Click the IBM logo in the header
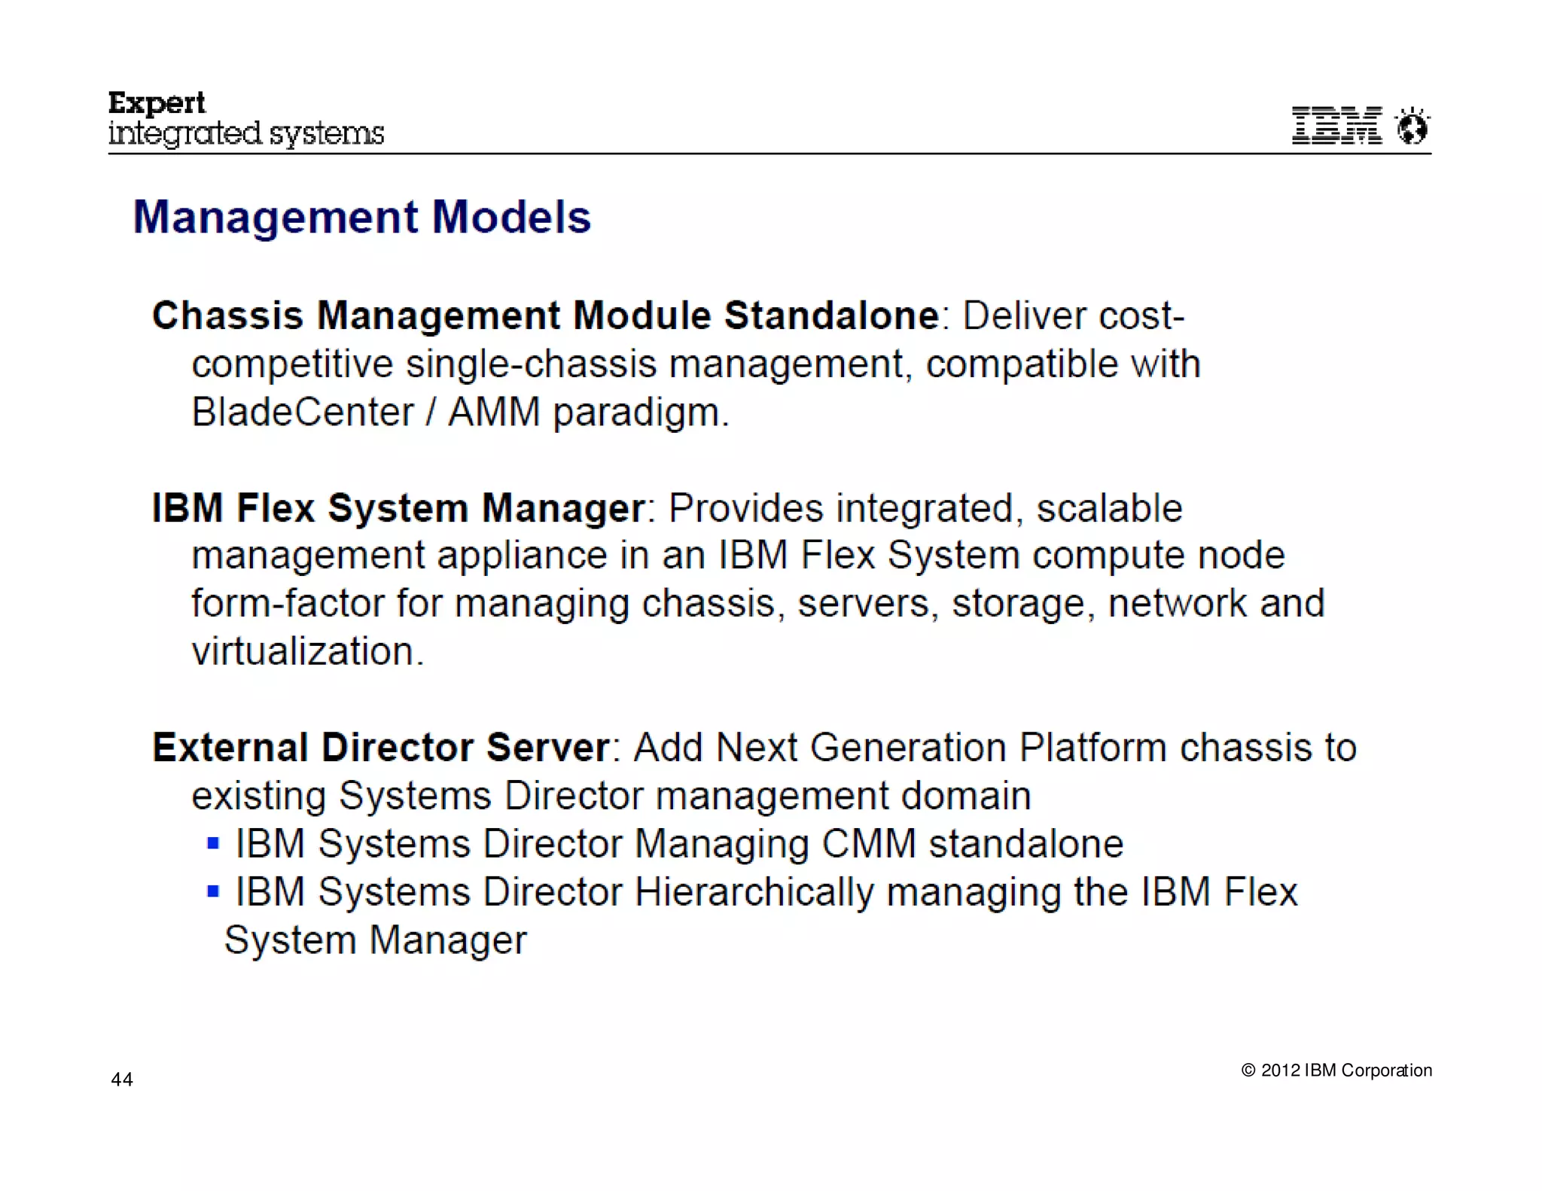[1336, 125]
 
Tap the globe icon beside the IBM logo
[1412, 126]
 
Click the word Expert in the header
[157, 103]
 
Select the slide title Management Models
[362, 217]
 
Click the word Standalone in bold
[831, 315]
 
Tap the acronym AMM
[494, 413]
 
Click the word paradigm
[640, 413]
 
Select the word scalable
[1109, 508]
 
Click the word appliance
[522, 556]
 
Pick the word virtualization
[307, 652]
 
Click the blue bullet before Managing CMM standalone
[213, 843]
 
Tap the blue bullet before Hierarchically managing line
[213, 892]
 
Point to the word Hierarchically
[754, 893]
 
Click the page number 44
[122, 1080]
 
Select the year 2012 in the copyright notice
[1280, 1071]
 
